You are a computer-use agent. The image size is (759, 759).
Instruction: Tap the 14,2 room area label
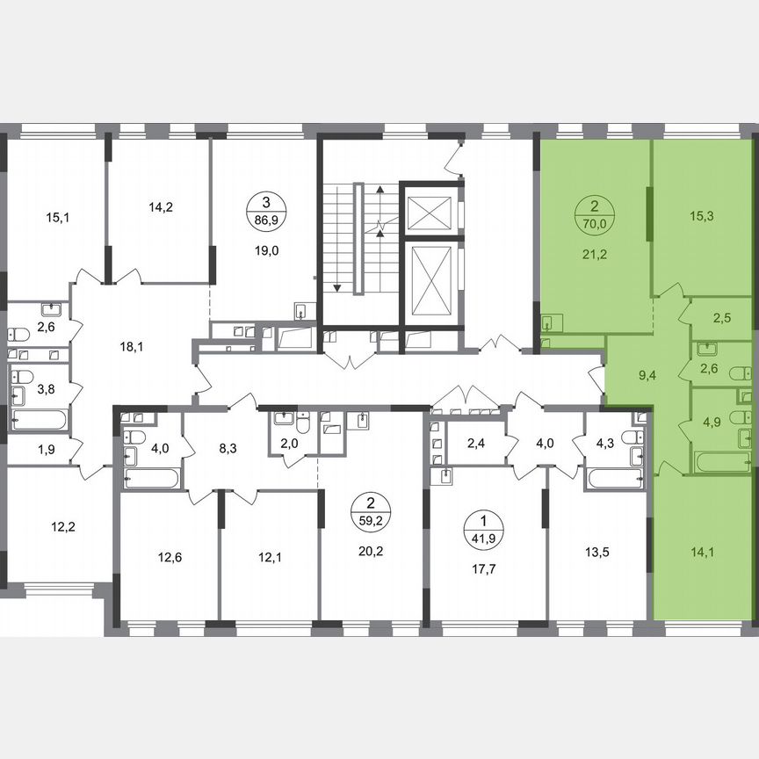pos(160,208)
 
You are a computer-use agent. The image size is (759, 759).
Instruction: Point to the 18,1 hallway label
pos(132,346)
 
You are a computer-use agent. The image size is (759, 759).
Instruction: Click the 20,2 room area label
pos(372,553)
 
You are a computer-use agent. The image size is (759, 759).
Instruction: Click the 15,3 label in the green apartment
pos(700,215)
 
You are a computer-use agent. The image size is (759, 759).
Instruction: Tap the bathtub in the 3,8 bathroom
pos(40,419)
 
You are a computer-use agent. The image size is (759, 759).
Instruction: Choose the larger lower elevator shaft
pos(430,278)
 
